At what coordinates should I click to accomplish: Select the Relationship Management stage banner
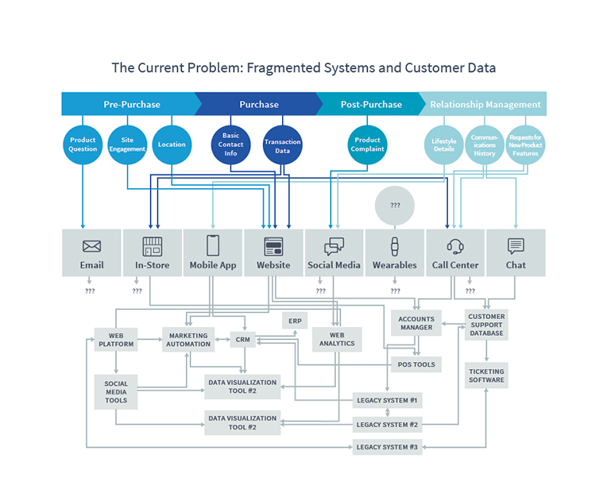(485, 104)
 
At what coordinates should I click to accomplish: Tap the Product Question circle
(83, 144)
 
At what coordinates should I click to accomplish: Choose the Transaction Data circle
(282, 144)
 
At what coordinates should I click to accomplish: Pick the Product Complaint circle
(367, 144)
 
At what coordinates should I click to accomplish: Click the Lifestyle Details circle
(443, 144)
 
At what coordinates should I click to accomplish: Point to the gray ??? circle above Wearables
(395, 206)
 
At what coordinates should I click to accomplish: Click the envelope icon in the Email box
(91, 246)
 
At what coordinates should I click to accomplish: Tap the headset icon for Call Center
(455, 246)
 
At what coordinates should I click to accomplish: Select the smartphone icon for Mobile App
(213, 245)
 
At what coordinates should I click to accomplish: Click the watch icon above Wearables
(395, 246)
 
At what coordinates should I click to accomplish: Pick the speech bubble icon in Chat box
(516, 246)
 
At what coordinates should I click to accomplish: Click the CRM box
(243, 339)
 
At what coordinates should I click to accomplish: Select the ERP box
(295, 321)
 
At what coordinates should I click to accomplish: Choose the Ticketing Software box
(486, 375)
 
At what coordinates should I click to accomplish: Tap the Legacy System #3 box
(387, 447)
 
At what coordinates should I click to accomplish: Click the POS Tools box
(416, 364)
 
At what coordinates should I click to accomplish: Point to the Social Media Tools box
(116, 392)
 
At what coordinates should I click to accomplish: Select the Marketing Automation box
(188, 340)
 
